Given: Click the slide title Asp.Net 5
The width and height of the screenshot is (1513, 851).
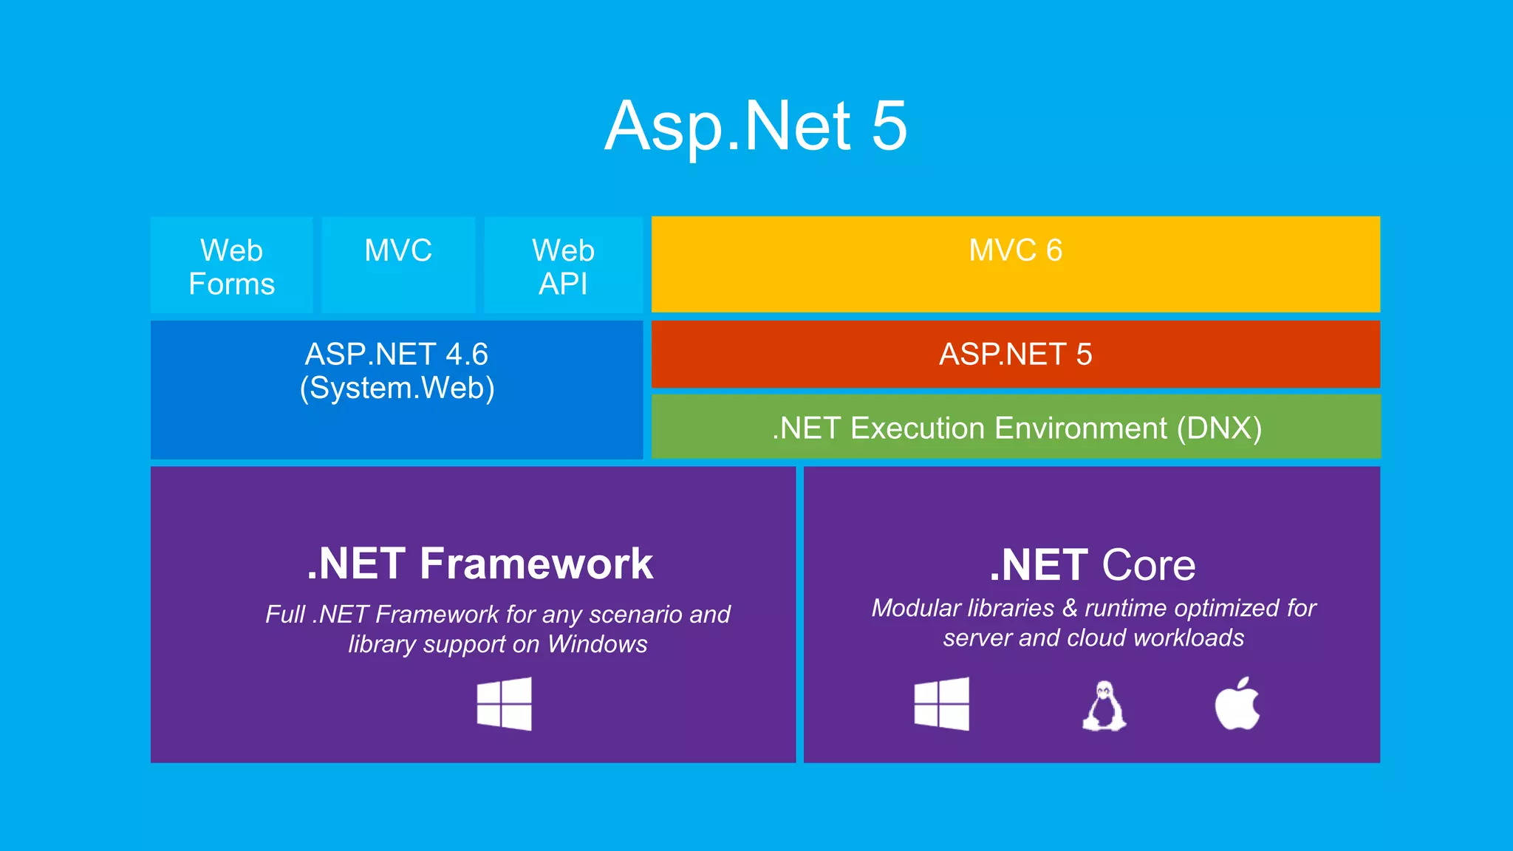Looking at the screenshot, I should pyautogui.click(x=755, y=127).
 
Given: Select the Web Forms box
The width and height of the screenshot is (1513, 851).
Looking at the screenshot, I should pyautogui.click(x=231, y=266).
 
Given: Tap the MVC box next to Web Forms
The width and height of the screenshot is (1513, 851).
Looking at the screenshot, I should pyautogui.click(x=398, y=264).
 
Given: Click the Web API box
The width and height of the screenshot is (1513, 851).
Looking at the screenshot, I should pyautogui.click(x=563, y=266).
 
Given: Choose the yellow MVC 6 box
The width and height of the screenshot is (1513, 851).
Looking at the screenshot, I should pyautogui.click(x=1015, y=264).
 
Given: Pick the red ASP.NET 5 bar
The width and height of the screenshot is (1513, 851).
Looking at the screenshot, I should pyautogui.click(x=1015, y=355).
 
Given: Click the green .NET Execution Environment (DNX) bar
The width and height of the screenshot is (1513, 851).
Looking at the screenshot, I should pyautogui.click(x=1015, y=428).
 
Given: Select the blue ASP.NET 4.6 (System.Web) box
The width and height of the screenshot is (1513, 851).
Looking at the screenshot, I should pyautogui.click(x=397, y=389).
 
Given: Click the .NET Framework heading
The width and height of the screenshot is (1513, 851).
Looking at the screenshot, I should pyautogui.click(x=479, y=564).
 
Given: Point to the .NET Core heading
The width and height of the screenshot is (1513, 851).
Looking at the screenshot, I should pyautogui.click(x=1092, y=565).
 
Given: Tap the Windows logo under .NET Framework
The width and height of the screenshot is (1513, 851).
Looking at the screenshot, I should pyautogui.click(x=504, y=704).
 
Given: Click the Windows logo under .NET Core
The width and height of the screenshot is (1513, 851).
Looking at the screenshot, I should pyautogui.click(x=941, y=704).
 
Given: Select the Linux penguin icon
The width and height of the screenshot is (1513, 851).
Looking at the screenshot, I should pyautogui.click(x=1104, y=706).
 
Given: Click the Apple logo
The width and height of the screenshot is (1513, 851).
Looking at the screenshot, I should pyautogui.click(x=1237, y=704).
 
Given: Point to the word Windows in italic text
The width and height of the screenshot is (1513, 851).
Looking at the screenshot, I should pyautogui.click(x=597, y=644).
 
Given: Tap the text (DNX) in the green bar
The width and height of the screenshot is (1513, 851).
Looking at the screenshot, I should pyautogui.click(x=1219, y=428).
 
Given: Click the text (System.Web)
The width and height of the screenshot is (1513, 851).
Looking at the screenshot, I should pyautogui.click(x=397, y=389).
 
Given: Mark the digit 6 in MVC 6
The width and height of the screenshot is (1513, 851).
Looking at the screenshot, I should pyautogui.click(x=1054, y=250).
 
